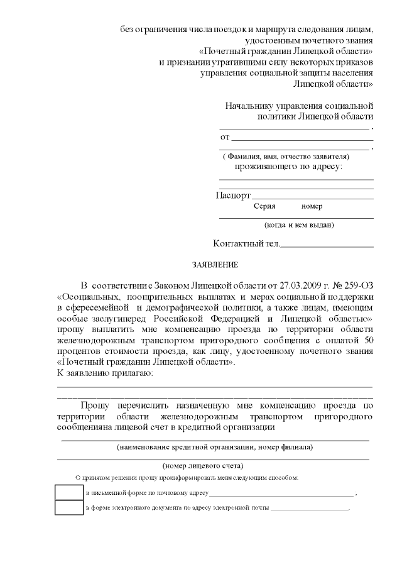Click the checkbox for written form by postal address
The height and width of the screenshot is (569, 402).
[x=69, y=492]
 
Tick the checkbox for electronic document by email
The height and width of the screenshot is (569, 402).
[x=69, y=507]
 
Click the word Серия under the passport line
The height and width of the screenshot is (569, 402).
[x=264, y=206]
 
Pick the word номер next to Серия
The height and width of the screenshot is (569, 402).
[x=312, y=206]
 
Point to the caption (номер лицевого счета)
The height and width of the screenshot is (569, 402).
[x=203, y=466]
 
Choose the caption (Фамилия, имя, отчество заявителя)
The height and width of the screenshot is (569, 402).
[x=286, y=157]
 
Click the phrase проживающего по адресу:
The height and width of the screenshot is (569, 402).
[x=288, y=167]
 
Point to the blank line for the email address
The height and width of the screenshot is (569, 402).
[x=309, y=508]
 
